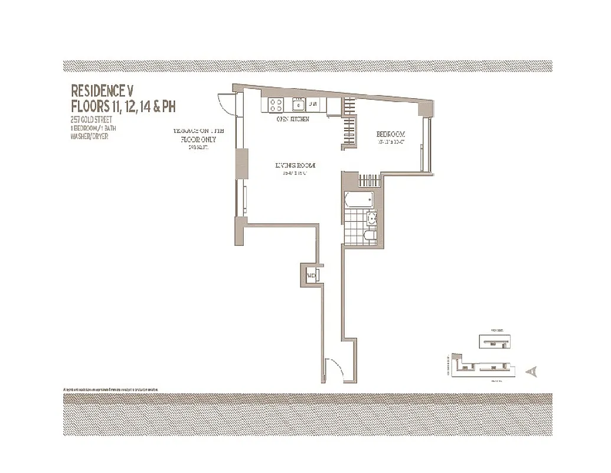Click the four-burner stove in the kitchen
(x=276, y=105)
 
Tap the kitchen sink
(x=299, y=105)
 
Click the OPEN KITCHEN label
(x=293, y=119)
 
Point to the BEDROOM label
(x=391, y=134)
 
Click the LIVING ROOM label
(x=295, y=166)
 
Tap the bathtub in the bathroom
(x=359, y=199)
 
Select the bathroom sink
(x=371, y=219)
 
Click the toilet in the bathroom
(x=370, y=235)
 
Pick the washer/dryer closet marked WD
(x=311, y=275)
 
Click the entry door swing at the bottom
(x=334, y=369)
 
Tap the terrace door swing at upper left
(x=227, y=104)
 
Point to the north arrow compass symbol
(x=532, y=371)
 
